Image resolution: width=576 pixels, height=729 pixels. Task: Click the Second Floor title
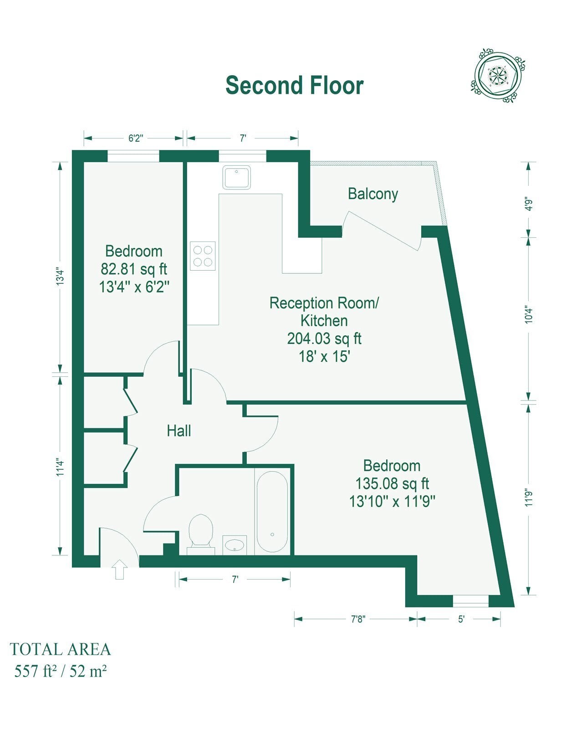click(x=295, y=85)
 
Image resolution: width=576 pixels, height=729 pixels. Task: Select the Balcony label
click(x=373, y=194)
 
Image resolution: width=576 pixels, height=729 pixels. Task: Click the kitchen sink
click(x=237, y=177)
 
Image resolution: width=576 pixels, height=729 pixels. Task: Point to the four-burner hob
click(x=203, y=256)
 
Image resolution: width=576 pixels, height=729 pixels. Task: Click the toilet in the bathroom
click(x=201, y=531)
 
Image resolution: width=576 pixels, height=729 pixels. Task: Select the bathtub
click(x=272, y=511)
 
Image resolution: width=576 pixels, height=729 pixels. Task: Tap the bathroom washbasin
click(x=234, y=544)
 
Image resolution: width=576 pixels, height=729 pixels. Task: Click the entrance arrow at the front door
click(x=119, y=570)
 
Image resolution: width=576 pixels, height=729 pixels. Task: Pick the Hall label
click(x=178, y=431)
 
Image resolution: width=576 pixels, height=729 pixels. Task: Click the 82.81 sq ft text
click(x=134, y=269)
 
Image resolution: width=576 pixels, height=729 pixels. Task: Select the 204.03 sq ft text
click(x=324, y=339)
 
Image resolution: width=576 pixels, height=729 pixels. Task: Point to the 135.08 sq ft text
click(x=392, y=483)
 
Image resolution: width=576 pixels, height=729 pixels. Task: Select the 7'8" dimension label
click(x=358, y=619)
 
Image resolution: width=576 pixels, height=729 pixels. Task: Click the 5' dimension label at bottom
click(x=461, y=619)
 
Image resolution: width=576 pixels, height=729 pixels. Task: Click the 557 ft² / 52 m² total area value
click(x=61, y=671)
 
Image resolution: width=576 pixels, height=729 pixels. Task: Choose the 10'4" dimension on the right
click(x=528, y=314)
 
